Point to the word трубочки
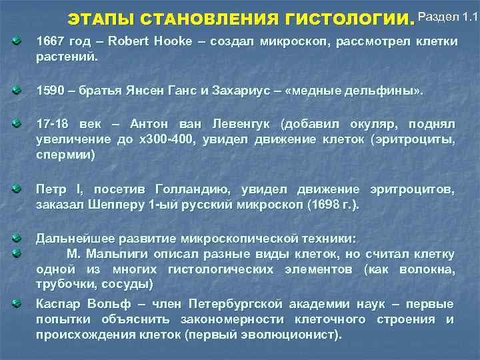click(61, 285)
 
